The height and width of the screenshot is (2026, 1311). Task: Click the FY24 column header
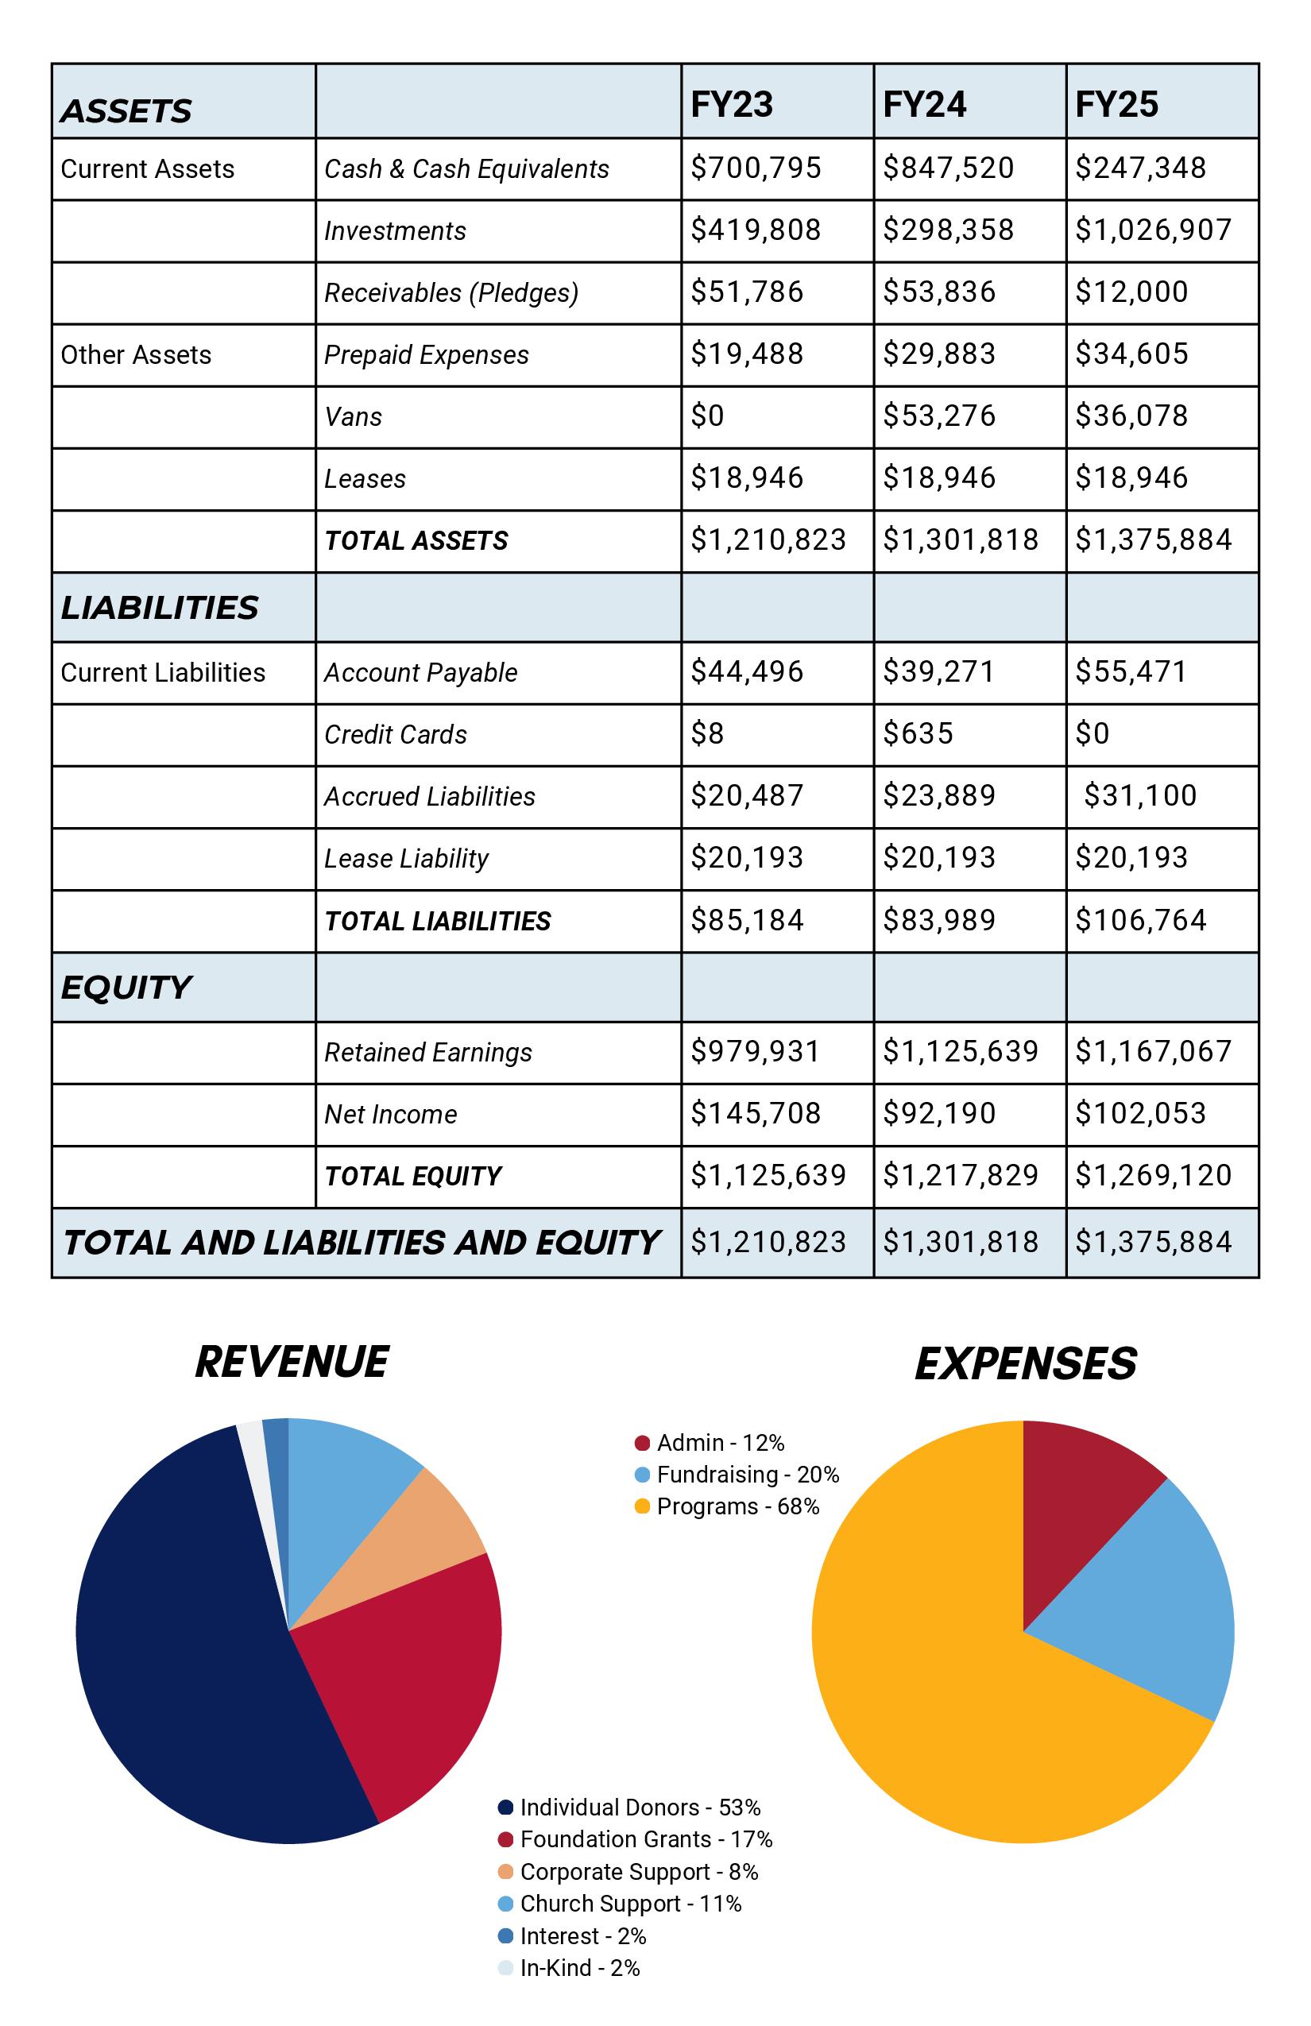(x=925, y=105)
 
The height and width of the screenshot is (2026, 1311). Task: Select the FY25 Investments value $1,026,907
(x=1153, y=230)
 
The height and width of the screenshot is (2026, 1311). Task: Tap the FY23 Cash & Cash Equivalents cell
(x=755, y=168)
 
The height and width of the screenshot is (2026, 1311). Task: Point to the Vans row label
(x=354, y=417)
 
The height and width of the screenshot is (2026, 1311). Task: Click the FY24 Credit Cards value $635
(x=918, y=734)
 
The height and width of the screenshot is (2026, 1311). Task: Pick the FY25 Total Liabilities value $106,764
(x=1140, y=920)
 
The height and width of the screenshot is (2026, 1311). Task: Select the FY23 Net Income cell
(x=755, y=1113)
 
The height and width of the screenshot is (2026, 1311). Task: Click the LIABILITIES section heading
(x=159, y=608)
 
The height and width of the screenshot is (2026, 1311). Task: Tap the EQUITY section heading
(x=126, y=988)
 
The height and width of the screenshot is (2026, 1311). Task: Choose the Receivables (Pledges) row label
(x=451, y=293)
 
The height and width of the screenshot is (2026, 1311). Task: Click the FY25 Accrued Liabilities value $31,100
(x=1140, y=796)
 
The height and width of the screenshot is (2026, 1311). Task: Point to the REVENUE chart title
(x=292, y=1361)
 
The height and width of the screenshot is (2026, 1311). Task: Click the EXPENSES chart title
(x=1025, y=1363)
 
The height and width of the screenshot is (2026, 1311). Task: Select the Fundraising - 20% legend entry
(x=737, y=1475)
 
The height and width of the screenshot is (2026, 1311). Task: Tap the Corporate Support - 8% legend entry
(x=628, y=1871)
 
